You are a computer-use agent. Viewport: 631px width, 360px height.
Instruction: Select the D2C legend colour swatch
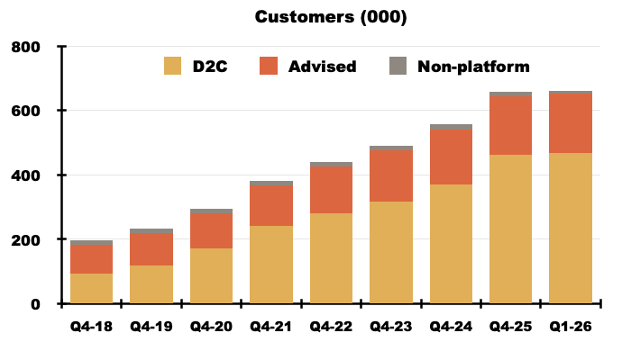coord(172,66)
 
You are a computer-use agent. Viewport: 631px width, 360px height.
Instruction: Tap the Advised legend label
coord(322,66)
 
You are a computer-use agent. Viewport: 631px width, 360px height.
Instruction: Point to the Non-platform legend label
coord(473,66)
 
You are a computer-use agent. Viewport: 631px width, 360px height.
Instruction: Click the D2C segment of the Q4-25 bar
coord(510,229)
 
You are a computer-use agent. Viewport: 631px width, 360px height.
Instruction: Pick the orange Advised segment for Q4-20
coord(211,230)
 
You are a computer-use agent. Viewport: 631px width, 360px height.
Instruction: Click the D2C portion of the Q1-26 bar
coord(570,229)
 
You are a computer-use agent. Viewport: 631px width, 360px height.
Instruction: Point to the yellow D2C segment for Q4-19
coord(151,284)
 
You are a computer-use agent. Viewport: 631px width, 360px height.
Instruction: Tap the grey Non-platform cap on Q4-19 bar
coord(151,231)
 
